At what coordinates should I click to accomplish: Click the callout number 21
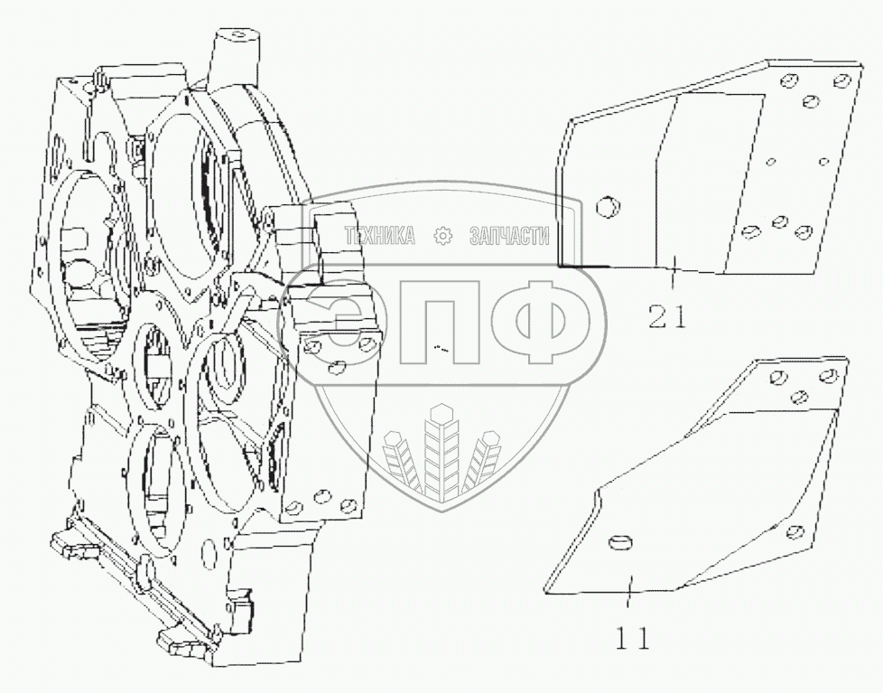[667, 316]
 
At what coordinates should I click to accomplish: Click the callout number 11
[632, 638]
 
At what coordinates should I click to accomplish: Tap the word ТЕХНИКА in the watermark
[378, 237]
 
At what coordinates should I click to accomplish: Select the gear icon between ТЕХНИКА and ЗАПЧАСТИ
[443, 237]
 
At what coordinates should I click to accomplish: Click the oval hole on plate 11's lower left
[618, 541]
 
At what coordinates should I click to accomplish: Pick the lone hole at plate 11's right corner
[795, 531]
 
